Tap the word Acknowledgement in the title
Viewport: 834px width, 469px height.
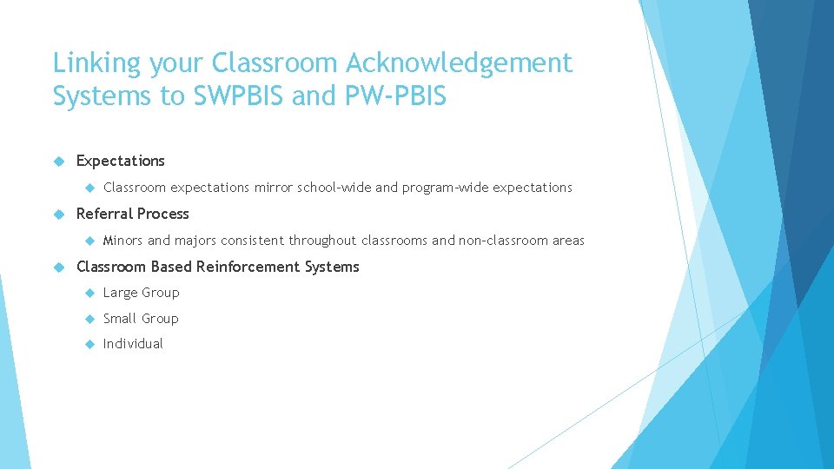pyautogui.click(x=459, y=63)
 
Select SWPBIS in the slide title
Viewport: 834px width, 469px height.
pyautogui.click(x=234, y=96)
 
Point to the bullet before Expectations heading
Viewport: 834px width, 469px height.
pyautogui.click(x=59, y=161)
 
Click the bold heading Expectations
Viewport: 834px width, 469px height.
pyautogui.click(x=120, y=161)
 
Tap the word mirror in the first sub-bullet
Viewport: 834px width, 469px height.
pyautogui.click(x=274, y=188)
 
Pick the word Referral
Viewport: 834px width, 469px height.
pyautogui.click(x=104, y=214)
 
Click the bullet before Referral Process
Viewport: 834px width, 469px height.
pyautogui.click(x=59, y=214)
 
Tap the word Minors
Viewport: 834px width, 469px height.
pyautogui.click(x=122, y=241)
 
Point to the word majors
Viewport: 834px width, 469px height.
pyautogui.click(x=195, y=241)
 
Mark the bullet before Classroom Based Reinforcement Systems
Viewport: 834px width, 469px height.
pyautogui.click(x=59, y=267)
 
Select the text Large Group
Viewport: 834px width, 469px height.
pyautogui.click(x=141, y=293)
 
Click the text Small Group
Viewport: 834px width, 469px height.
pyautogui.click(x=141, y=319)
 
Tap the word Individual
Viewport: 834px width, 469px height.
pyautogui.click(x=133, y=344)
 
